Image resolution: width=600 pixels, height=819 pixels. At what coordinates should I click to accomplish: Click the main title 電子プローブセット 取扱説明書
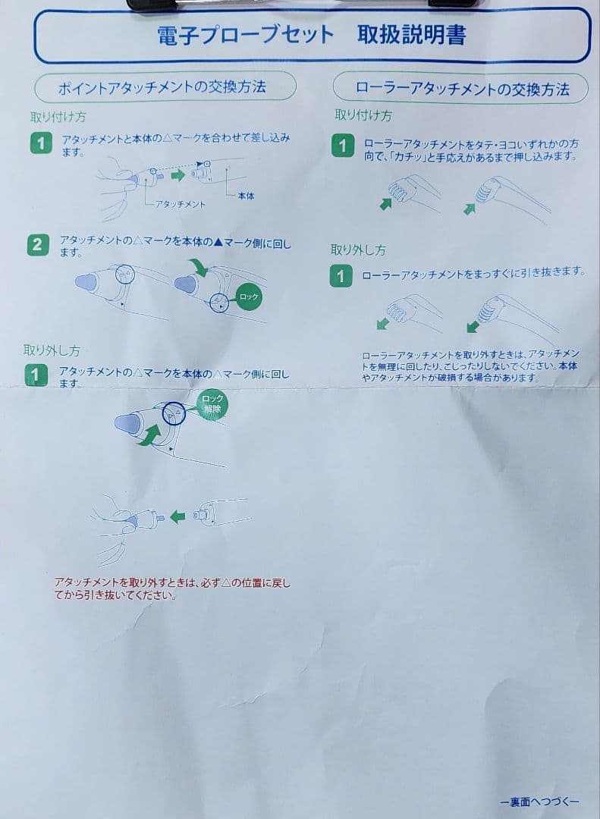[x=311, y=34]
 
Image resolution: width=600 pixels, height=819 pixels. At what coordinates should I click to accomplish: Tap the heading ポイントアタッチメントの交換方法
[x=162, y=87]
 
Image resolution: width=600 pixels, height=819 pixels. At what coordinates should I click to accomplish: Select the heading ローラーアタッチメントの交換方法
[x=462, y=89]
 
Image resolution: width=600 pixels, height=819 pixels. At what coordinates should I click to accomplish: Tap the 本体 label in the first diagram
[x=246, y=195]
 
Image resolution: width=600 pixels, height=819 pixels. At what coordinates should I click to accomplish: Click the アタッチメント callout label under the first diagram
[x=180, y=204]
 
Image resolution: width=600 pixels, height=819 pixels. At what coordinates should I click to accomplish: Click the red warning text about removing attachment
[x=171, y=588]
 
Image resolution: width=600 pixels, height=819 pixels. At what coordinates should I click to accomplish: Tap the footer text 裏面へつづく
[x=539, y=802]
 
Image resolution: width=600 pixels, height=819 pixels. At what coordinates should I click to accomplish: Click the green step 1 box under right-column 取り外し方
[x=341, y=276]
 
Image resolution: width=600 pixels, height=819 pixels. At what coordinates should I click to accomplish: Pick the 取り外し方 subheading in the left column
[x=51, y=350]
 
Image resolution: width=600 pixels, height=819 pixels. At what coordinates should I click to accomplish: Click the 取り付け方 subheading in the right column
[x=363, y=116]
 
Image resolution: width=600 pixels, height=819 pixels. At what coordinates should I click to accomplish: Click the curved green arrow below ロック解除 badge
[x=149, y=435]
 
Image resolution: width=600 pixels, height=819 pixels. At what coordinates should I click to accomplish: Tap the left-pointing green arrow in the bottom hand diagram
[x=177, y=516]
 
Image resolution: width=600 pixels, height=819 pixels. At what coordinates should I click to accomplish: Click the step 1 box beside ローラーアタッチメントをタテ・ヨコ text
[x=343, y=145]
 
